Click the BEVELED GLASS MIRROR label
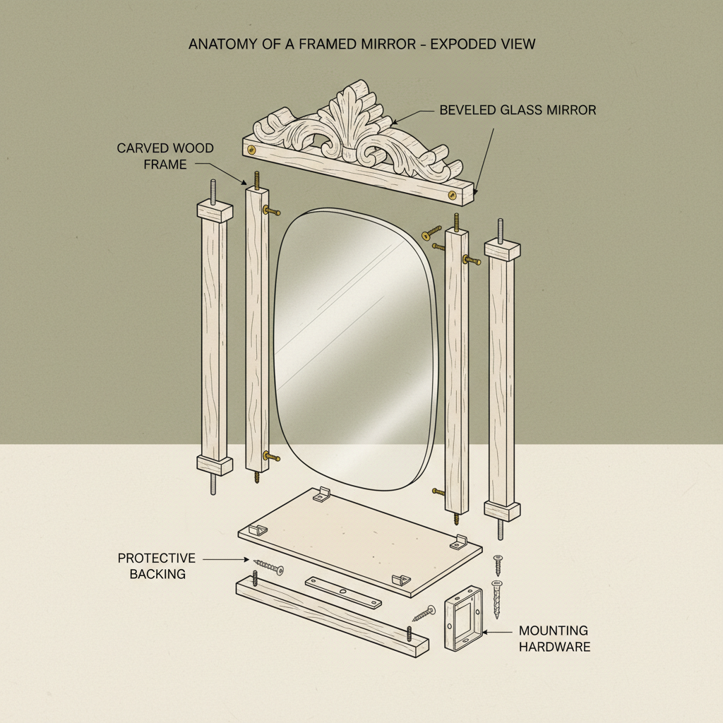tap(518, 110)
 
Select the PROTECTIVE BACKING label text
tap(157, 566)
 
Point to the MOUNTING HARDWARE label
tap(554, 638)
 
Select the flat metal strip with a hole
tap(343, 592)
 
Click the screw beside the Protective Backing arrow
tap(268, 566)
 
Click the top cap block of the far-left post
tap(214, 210)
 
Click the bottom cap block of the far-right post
tap(501, 510)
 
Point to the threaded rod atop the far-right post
tap(501, 230)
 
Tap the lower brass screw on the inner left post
tap(269, 458)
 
